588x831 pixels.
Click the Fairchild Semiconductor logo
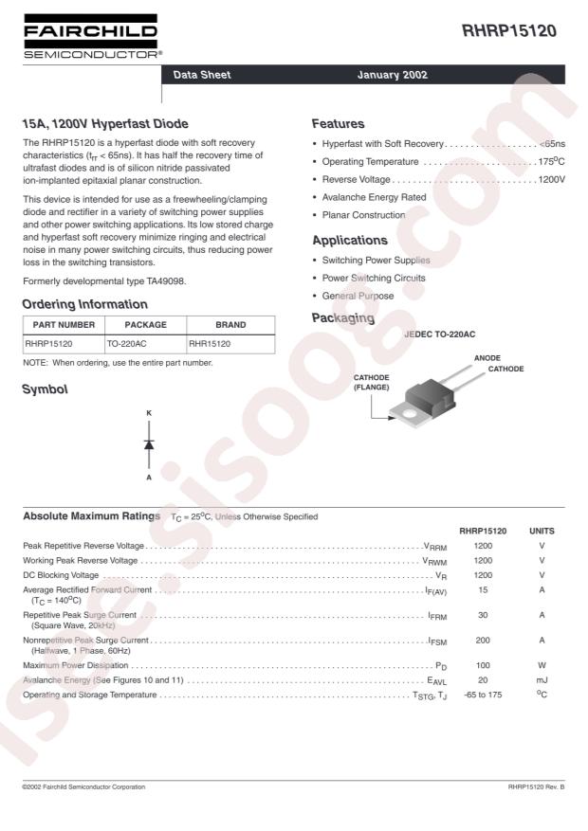point(91,40)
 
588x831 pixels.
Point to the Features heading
point(339,124)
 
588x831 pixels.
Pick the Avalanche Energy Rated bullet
point(375,197)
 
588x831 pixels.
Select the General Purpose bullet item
point(358,296)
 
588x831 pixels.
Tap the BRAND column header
point(230,324)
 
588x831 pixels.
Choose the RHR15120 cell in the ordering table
point(211,343)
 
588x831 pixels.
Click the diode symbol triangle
point(149,444)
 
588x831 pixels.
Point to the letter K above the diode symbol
point(149,413)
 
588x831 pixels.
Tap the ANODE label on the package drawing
point(487,357)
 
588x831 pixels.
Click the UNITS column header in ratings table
point(542,531)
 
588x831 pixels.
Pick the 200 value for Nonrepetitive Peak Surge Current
point(482,641)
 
